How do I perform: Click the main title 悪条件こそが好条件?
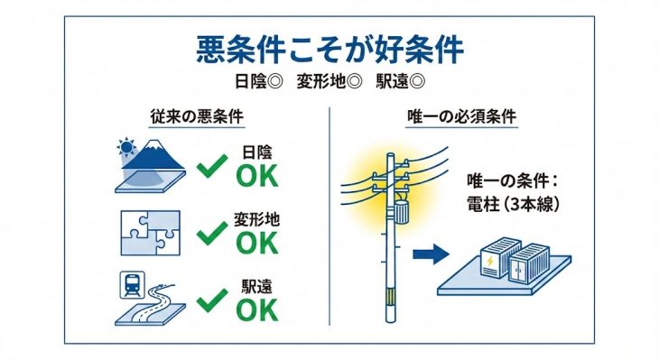pos(329,50)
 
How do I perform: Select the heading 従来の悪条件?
pos(197,116)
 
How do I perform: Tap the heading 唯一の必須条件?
pos(461,116)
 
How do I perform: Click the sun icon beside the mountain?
pos(126,147)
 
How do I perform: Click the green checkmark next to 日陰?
pos(212,166)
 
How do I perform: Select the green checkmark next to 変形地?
pos(212,233)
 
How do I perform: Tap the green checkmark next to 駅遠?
pos(212,300)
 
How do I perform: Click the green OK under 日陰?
pos(257,176)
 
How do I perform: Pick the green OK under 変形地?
pos(257,243)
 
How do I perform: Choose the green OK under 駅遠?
pos(257,310)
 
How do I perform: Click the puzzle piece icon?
pos(151,233)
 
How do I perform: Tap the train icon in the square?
pos(133,285)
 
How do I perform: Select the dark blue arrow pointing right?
pos(431,254)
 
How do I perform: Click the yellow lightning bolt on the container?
pos(490,262)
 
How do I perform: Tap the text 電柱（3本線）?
pos(514,205)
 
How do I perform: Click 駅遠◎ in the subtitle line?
pos(400,80)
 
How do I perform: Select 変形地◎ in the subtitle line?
pos(329,80)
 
